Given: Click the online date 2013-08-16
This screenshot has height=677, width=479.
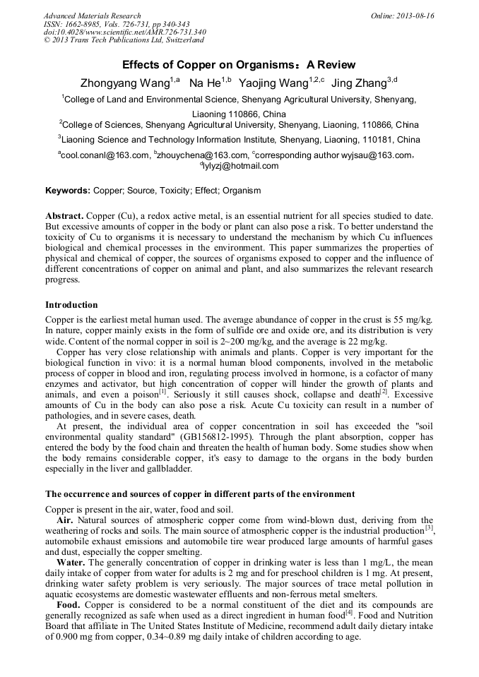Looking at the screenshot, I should coord(413,16).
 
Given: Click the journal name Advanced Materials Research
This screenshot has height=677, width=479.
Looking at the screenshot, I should coord(93,16).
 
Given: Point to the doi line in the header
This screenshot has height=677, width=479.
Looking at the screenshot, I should coord(125,32).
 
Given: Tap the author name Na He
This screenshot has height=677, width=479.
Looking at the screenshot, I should coord(205,83).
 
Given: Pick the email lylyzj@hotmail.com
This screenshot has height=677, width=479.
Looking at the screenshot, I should coord(242,167).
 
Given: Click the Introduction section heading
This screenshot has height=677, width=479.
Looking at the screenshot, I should coord(71,305).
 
